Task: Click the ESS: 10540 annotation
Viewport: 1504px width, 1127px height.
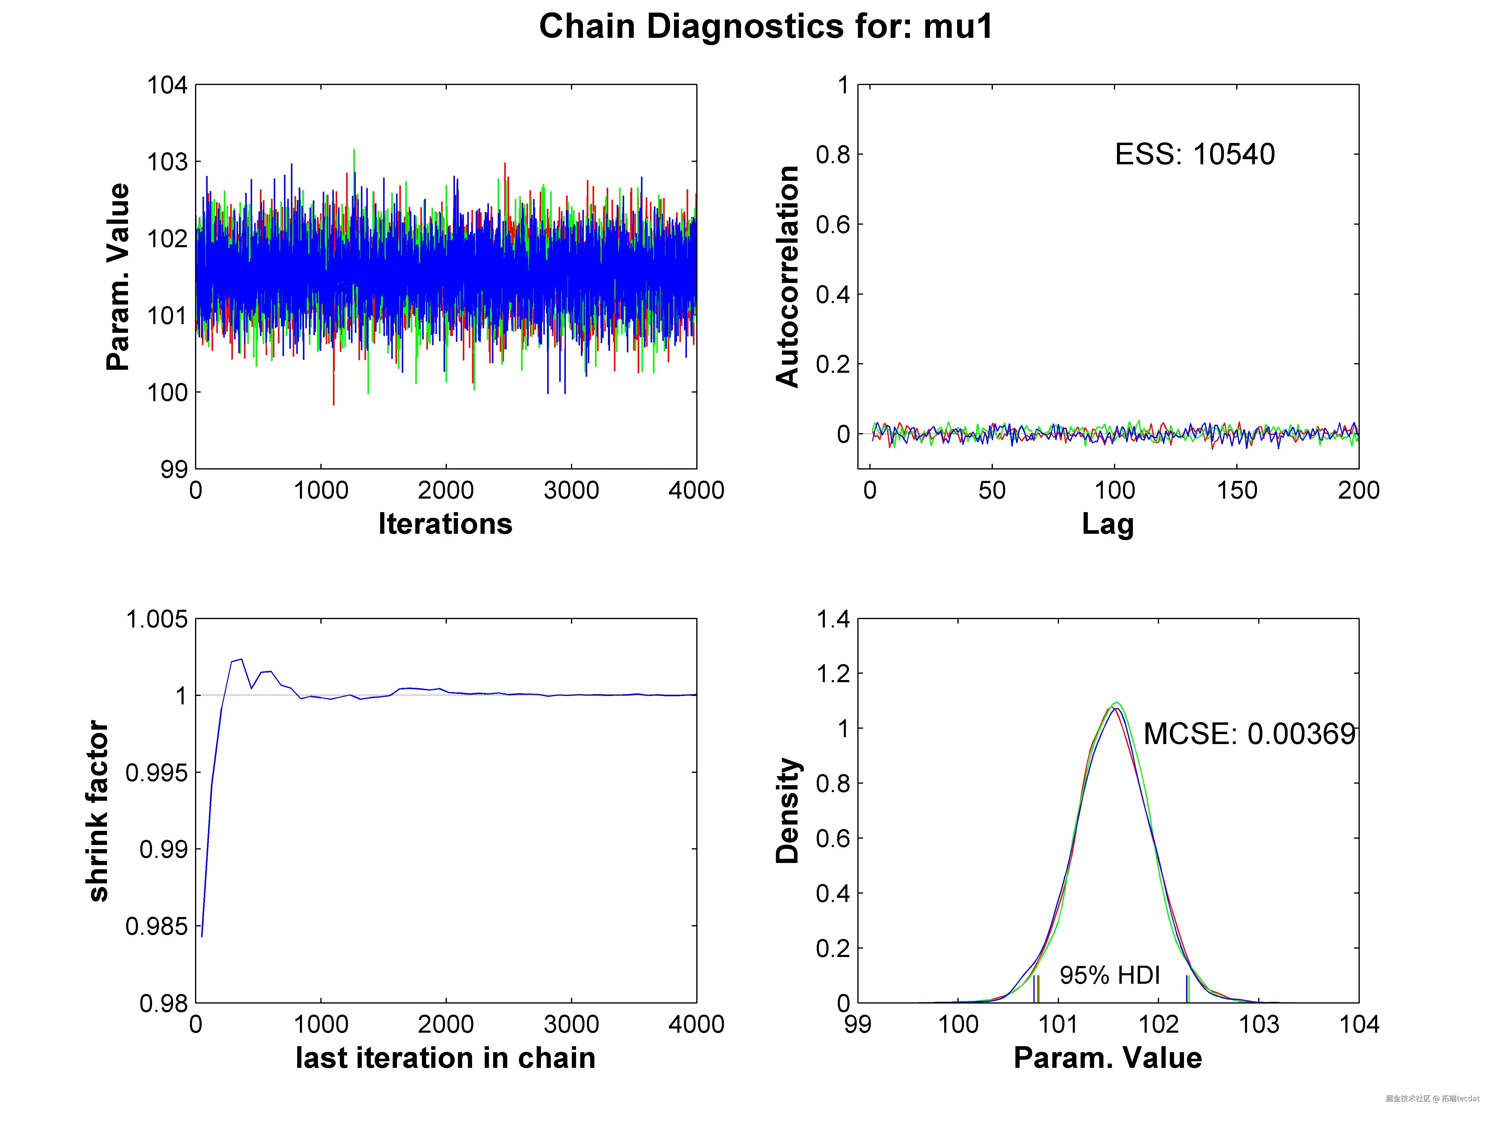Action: coord(1194,154)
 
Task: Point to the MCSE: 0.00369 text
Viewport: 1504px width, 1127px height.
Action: coord(1250,734)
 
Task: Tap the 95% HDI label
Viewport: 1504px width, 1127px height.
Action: coord(1110,975)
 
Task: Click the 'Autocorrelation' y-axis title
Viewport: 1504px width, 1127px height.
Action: coord(787,277)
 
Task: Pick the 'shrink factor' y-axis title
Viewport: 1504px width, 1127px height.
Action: coord(99,811)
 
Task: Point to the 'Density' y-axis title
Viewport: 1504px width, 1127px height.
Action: coord(787,811)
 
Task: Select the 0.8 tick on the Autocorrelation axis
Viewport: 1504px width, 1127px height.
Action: coord(833,155)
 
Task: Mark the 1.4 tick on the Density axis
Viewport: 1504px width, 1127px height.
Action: coord(833,619)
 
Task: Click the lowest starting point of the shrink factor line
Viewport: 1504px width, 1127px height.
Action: coord(202,937)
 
